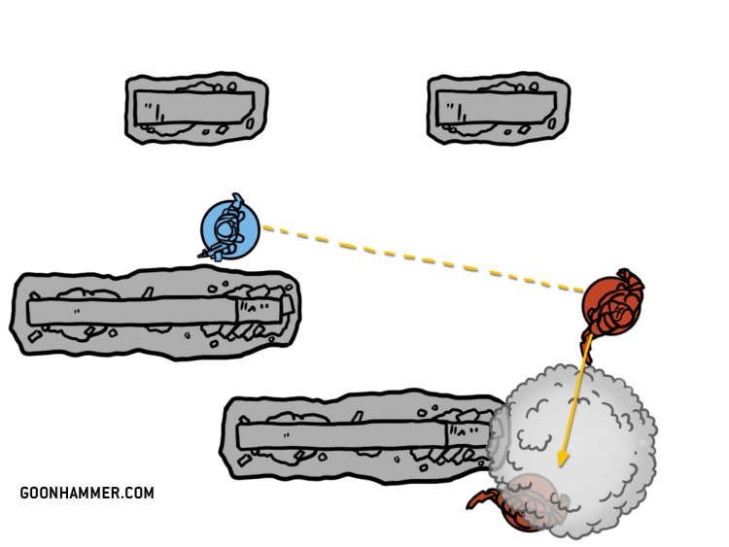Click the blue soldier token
pos(229,229)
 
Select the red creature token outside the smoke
pos(612,302)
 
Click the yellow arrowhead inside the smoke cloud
pos(562,457)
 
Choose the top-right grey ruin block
pos(499,109)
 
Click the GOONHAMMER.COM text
pos(87,493)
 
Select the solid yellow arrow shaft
pos(575,398)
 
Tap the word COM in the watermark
pos(137,493)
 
